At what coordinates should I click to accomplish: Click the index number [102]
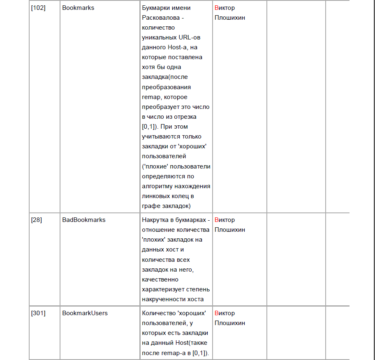point(38,8)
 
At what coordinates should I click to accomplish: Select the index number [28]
point(37,220)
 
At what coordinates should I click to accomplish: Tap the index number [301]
point(38,313)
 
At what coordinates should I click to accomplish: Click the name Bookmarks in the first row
point(78,8)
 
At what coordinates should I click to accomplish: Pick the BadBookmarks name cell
point(84,220)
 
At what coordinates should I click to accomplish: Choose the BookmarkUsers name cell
point(85,313)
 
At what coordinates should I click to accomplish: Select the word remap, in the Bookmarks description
point(150,97)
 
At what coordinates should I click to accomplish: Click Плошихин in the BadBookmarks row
point(230,230)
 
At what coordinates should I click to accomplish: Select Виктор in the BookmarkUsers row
point(225,313)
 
